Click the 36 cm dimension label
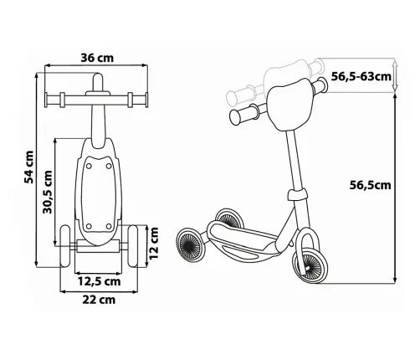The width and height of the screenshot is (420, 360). [x=97, y=58]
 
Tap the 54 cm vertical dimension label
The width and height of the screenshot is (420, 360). [x=29, y=167]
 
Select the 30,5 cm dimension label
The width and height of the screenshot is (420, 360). [x=48, y=192]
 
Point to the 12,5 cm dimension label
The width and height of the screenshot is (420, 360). [x=99, y=281]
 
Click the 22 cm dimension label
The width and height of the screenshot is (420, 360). [x=99, y=300]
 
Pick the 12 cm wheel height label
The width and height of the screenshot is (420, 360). [x=154, y=243]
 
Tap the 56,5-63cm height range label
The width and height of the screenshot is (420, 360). [x=361, y=76]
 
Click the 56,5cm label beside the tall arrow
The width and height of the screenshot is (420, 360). [x=371, y=185]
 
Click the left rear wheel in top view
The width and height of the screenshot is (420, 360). [x=65, y=246]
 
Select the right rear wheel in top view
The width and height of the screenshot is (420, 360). [x=133, y=246]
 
